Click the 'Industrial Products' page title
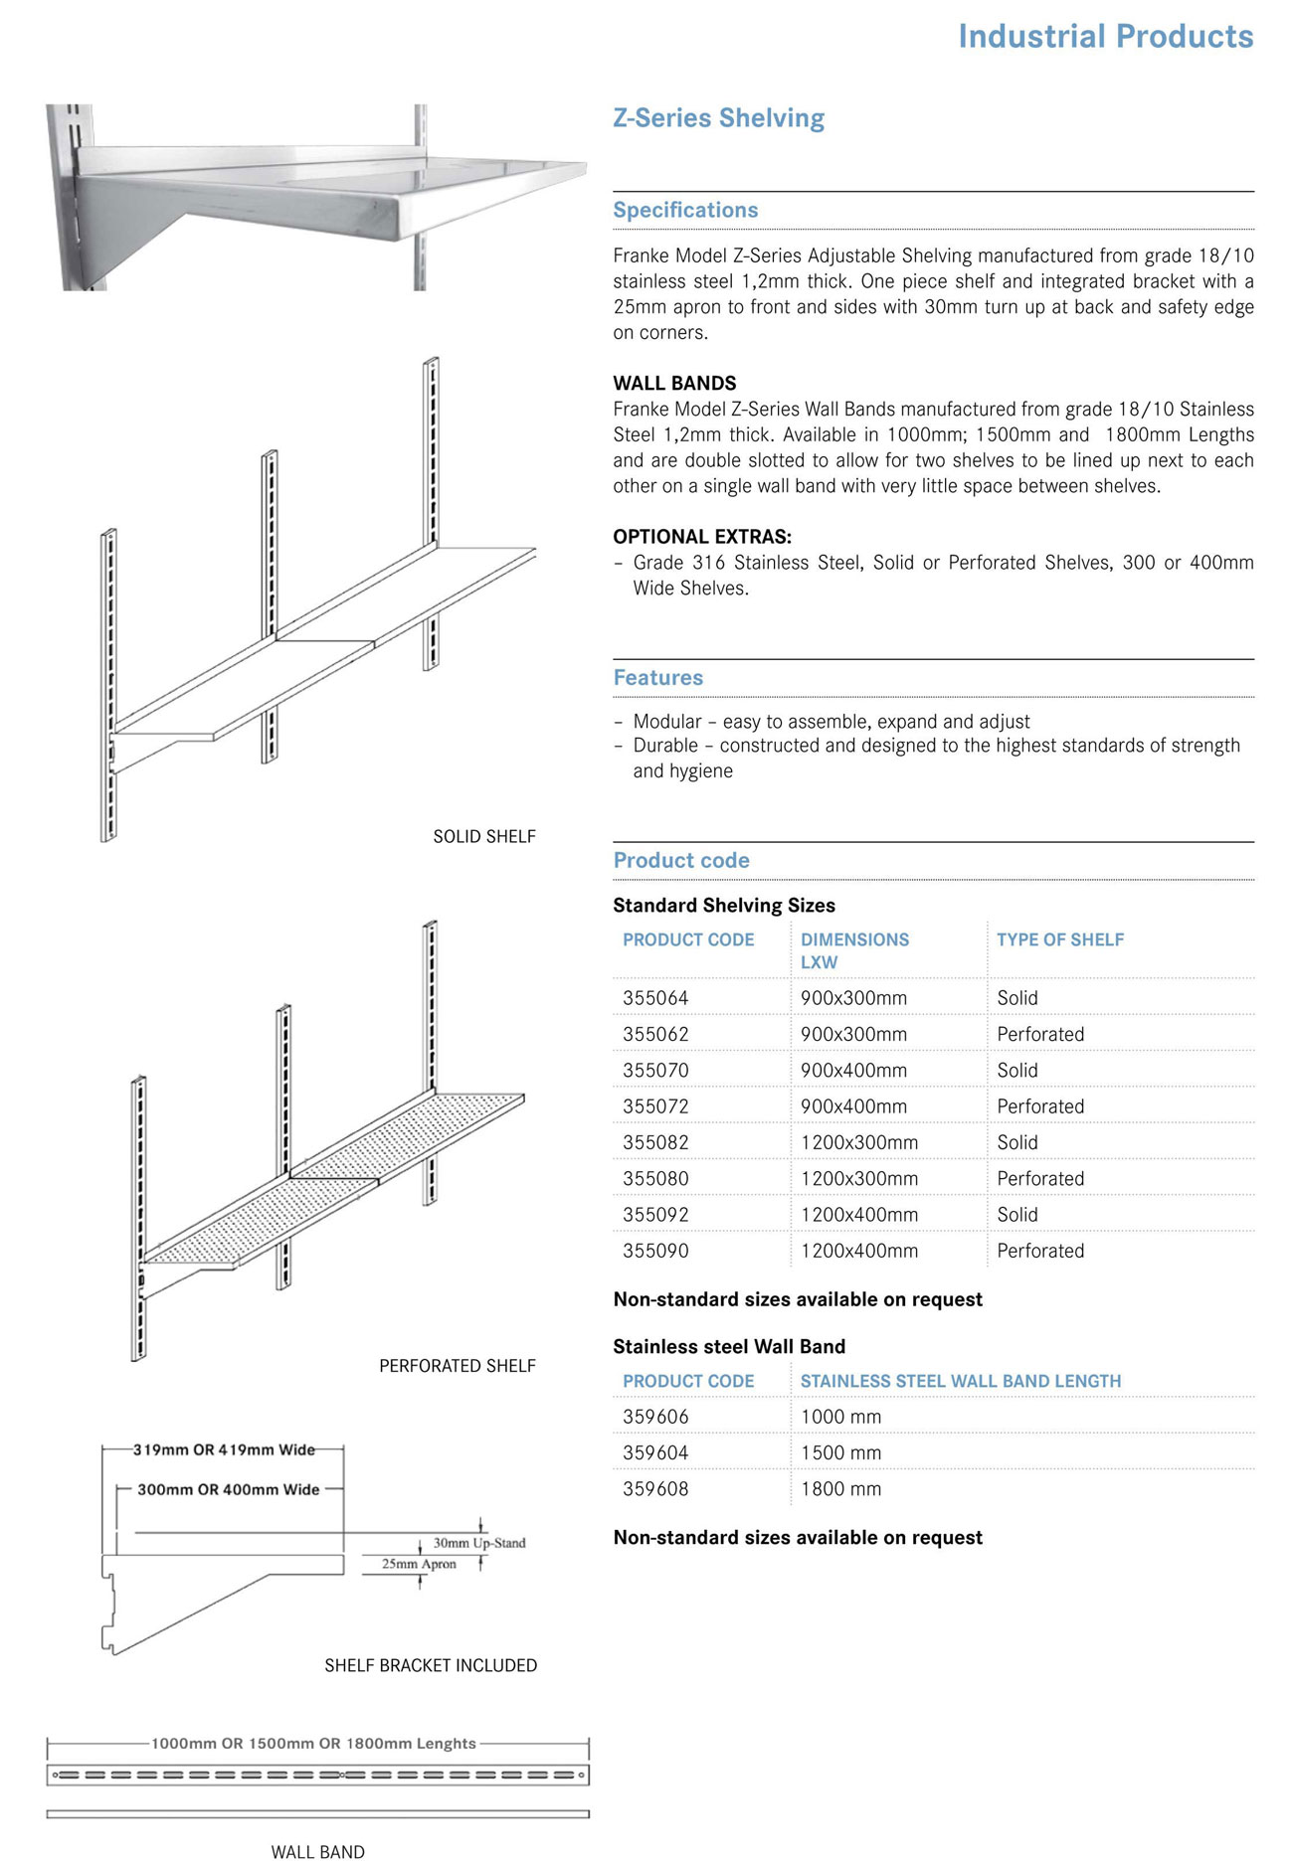(x=1105, y=37)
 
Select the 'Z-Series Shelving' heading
(x=718, y=118)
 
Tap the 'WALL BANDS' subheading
(x=674, y=384)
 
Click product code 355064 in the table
(x=655, y=998)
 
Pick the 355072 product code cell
(x=655, y=1106)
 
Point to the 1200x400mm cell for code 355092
(x=858, y=1215)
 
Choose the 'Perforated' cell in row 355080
(x=1040, y=1179)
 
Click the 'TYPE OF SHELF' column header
(x=1060, y=940)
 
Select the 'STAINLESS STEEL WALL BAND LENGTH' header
(x=960, y=1382)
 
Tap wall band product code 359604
(x=655, y=1453)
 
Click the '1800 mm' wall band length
(x=840, y=1489)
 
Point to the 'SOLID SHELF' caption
(x=484, y=837)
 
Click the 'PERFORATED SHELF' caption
(x=458, y=1366)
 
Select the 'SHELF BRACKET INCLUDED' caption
(x=431, y=1665)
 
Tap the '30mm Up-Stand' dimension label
(x=479, y=1543)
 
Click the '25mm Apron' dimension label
(x=419, y=1564)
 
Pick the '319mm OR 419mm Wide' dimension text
(x=224, y=1450)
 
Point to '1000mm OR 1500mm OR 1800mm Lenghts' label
(x=313, y=1744)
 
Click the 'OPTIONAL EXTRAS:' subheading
(x=702, y=537)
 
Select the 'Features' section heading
(x=657, y=678)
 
